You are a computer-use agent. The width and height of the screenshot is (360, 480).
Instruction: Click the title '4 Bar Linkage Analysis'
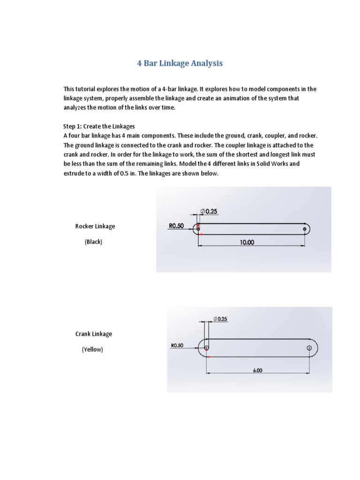pyautogui.click(x=180, y=63)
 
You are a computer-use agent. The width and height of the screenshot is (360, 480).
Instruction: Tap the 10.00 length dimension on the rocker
pyautogui.click(x=247, y=242)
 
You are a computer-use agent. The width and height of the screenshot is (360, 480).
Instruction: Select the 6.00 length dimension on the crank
pyautogui.click(x=258, y=370)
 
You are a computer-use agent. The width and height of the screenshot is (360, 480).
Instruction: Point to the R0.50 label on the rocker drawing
pyautogui.click(x=176, y=225)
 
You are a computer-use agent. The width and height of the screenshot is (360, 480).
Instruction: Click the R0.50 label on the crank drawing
pyautogui.click(x=177, y=345)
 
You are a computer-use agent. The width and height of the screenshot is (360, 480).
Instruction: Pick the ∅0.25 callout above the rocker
pyautogui.click(x=209, y=211)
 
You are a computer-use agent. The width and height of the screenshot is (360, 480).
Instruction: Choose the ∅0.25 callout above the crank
pyautogui.click(x=220, y=319)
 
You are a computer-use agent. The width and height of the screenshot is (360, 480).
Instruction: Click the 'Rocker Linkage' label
pyautogui.click(x=95, y=226)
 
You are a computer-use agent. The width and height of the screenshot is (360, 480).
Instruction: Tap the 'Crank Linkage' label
pyautogui.click(x=94, y=334)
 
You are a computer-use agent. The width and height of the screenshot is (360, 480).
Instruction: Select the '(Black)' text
pyautogui.click(x=93, y=242)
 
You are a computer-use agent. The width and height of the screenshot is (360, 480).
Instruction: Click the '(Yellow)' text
pyautogui.click(x=92, y=350)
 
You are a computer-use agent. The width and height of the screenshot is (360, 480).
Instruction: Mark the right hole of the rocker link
pyautogui.click(x=305, y=229)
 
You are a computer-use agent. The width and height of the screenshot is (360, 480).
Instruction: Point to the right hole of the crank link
pyautogui.click(x=309, y=347)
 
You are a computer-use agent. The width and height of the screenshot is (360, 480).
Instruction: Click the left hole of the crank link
pyautogui.click(x=206, y=347)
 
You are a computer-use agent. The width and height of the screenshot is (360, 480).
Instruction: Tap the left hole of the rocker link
pyautogui.click(x=198, y=229)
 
